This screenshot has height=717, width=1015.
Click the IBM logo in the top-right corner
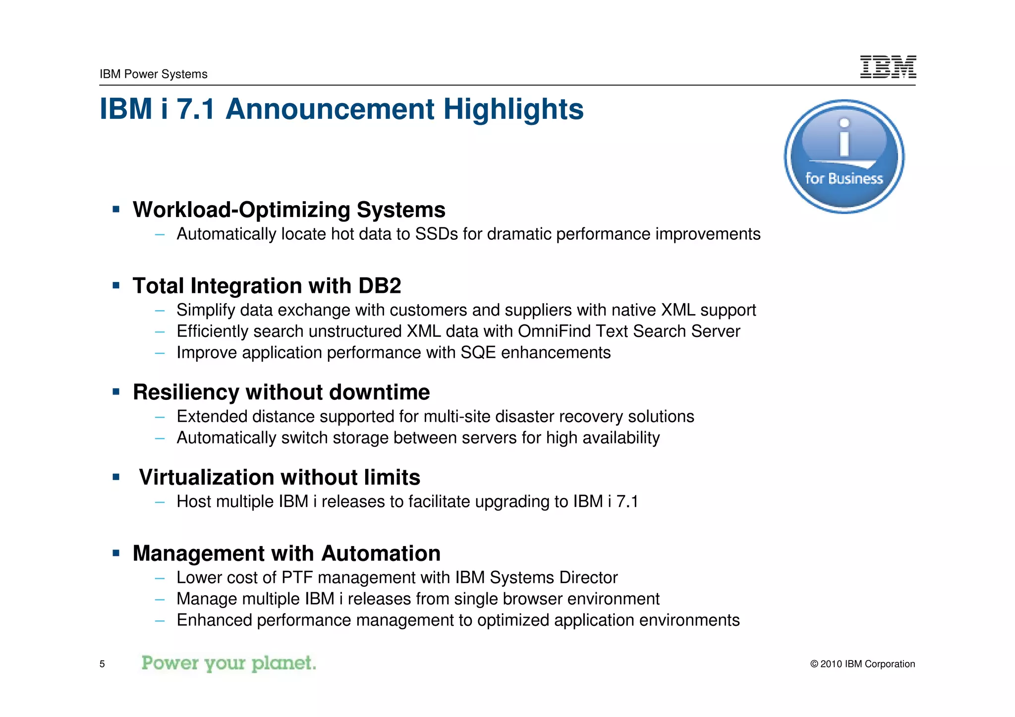click(888, 67)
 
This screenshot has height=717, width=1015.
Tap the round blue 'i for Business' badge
click(844, 157)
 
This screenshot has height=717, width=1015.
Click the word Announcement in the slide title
click(330, 109)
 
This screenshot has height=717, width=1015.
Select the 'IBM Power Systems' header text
click(153, 74)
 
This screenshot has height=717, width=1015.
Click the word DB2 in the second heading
click(380, 286)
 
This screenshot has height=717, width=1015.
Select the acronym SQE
click(478, 352)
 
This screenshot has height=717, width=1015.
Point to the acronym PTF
click(297, 577)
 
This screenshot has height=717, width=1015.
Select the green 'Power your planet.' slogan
click(228, 663)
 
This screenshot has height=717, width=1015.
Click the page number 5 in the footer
click(102, 664)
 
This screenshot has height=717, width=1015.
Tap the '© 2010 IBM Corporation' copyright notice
click(862, 664)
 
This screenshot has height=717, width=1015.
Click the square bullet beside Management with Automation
click(116, 553)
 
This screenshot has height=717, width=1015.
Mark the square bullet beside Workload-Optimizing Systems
click(116, 210)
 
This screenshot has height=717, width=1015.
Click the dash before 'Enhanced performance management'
click(159, 620)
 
